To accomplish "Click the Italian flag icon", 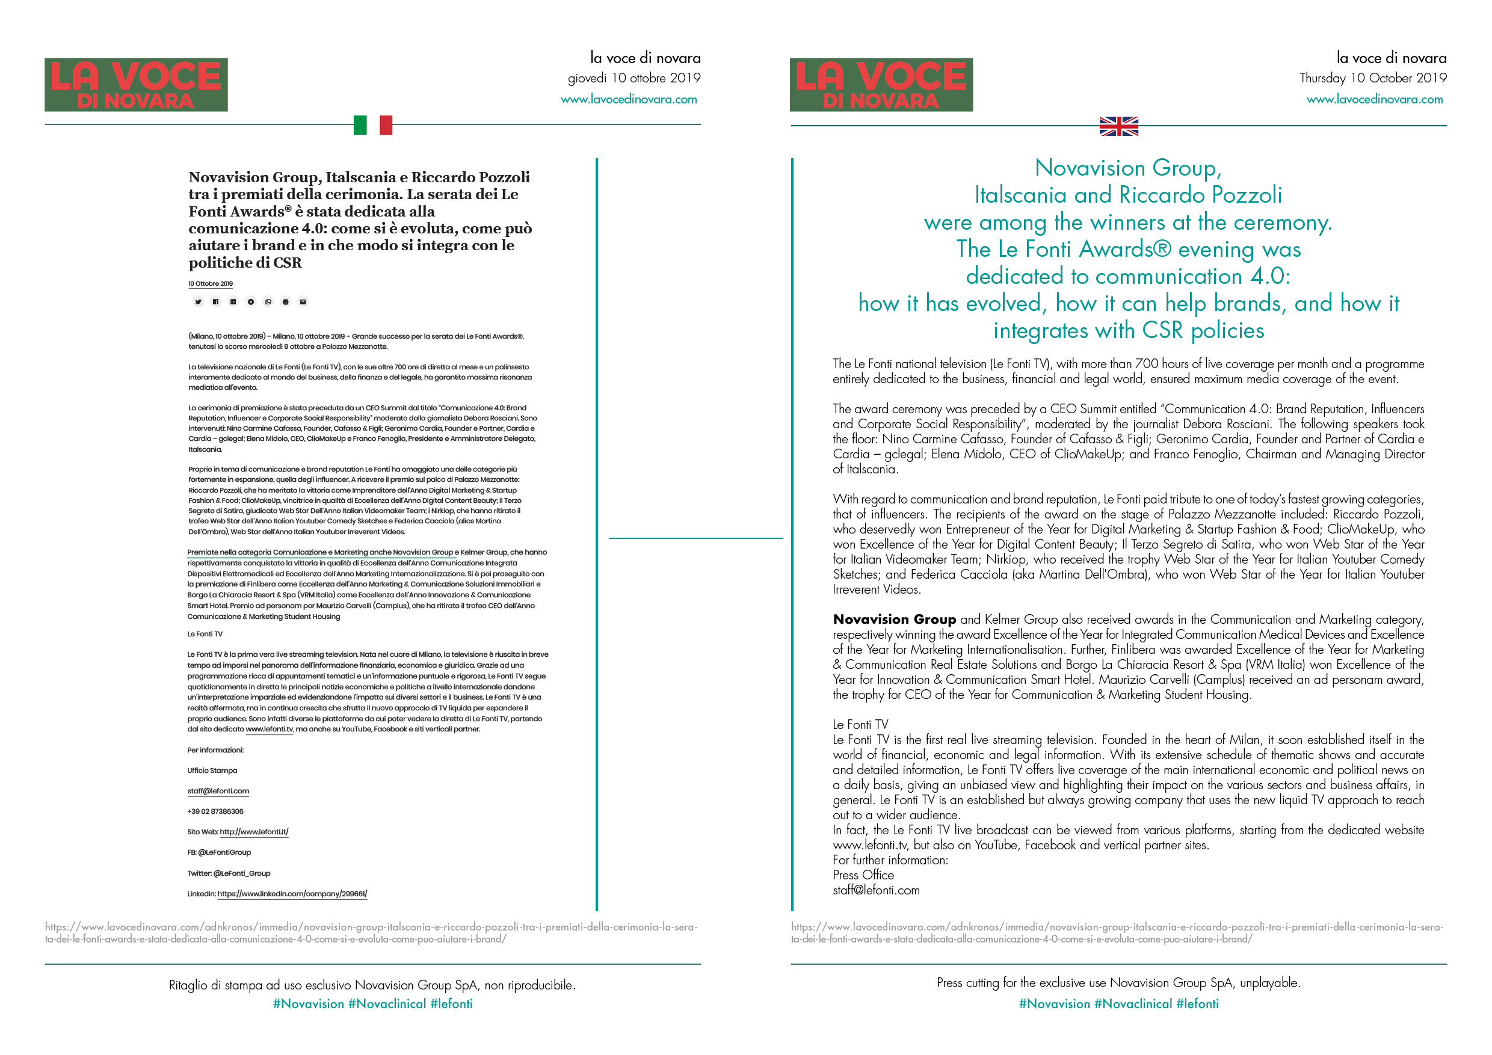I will pos(372,125).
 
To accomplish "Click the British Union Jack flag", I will pos(1118,126).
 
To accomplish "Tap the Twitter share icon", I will pos(198,301).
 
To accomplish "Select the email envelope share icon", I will pos(303,301).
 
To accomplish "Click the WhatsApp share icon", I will pos(268,301).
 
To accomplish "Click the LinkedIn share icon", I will pos(233,301).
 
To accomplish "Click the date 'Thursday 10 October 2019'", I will pos(1372,78).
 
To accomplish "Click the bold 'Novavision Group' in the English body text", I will pos(894,619).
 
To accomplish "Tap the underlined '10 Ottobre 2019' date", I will pos(211,284).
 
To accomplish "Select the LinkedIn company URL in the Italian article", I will pos(292,894).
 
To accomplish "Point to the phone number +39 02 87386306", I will pos(215,811).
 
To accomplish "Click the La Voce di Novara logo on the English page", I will pos(881,84).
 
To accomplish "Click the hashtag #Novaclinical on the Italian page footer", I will pos(387,1004).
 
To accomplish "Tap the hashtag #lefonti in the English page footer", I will pos(1197,1004).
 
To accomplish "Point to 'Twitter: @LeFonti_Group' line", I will pos(229,873).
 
